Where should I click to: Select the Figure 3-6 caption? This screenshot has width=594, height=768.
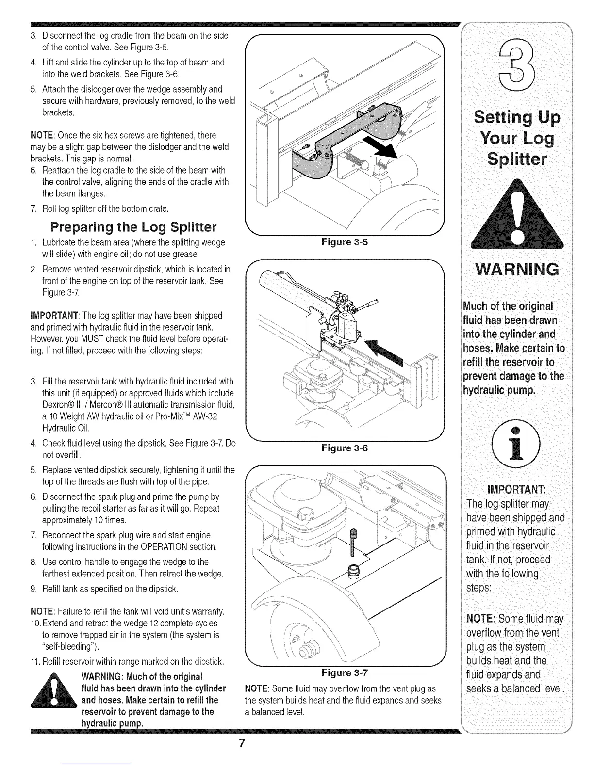[x=345, y=448]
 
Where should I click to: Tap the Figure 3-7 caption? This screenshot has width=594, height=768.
[x=345, y=672]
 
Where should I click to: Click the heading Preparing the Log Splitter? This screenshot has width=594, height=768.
[x=133, y=227]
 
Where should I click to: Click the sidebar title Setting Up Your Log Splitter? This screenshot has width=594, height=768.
[x=516, y=139]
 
